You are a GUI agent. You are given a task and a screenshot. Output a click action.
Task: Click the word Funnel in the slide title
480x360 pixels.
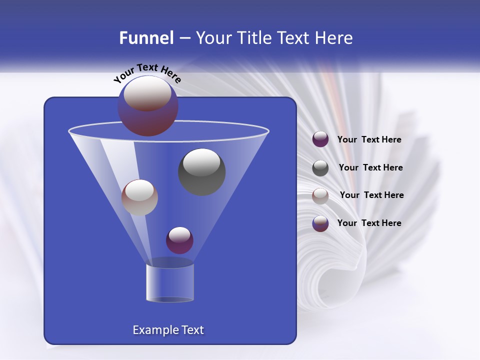click(x=146, y=38)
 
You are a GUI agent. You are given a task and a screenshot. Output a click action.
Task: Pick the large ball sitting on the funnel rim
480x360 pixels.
click(x=147, y=105)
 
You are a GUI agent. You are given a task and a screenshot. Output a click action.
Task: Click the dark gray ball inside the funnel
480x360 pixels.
click(x=201, y=171)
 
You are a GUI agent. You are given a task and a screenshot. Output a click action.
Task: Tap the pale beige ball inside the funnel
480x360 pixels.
click(x=139, y=197)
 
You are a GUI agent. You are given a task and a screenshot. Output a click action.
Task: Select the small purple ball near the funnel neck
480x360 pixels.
click(x=179, y=240)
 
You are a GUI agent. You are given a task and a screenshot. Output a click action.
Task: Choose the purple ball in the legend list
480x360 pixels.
click(x=320, y=139)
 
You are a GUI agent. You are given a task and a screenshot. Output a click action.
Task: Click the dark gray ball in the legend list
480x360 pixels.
click(x=320, y=167)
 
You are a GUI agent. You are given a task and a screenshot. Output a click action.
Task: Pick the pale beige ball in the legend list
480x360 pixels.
click(x=320, y=195)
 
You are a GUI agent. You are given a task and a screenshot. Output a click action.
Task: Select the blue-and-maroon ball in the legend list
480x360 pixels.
click(x=320, y=223)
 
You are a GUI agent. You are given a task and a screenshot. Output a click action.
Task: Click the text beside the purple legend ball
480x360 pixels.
click(x=369, y=140)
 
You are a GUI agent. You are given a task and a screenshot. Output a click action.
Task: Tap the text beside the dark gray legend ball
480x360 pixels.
click(x=370, y=167)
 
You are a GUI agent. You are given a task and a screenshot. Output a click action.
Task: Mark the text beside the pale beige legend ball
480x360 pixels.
click(x=371, y=195)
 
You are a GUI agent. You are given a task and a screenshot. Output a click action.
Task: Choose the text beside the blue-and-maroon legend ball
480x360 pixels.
click(x=369, y=223)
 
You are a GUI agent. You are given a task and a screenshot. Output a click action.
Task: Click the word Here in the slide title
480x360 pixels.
click(x=331, y=38)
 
